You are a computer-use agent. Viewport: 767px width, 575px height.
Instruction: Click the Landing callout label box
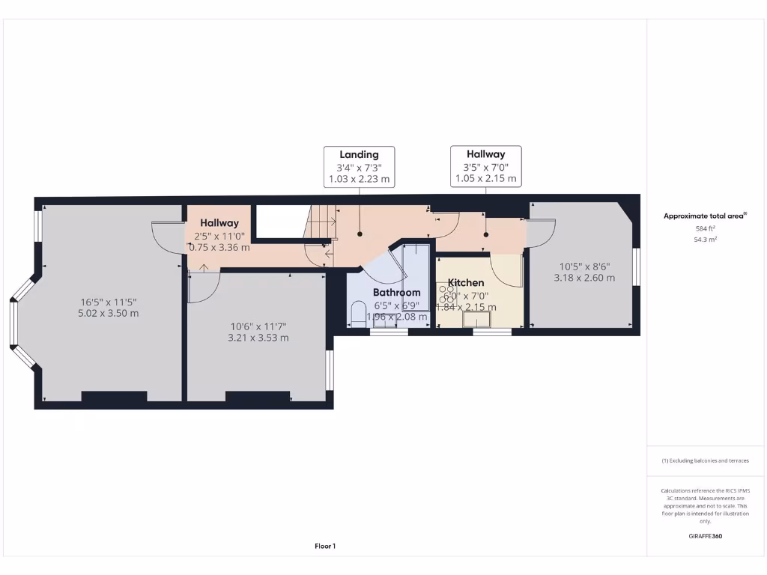[x=359, y=166]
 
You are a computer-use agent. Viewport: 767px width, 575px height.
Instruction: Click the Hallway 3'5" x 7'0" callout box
[x=485, y=166]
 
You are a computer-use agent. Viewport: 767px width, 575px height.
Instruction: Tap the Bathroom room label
[x=396, y=292]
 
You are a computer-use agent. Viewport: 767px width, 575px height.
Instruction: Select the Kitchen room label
[x=466, y=283]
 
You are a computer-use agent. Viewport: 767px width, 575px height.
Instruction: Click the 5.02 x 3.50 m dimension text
[x=109, y=314]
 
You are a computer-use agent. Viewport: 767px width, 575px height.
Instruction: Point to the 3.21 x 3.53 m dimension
[x=258, y=338]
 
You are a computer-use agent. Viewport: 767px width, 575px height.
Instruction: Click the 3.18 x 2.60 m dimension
[x=584, y=278]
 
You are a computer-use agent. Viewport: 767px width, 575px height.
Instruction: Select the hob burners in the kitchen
[x=449, y=296]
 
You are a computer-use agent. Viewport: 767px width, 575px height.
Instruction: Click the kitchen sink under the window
[x=476, y=320]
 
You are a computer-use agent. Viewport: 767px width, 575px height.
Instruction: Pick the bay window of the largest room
[x=16, y=323]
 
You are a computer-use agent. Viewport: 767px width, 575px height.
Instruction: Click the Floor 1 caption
[x=324, y=547]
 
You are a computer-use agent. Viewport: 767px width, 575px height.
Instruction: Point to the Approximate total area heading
[x=704, y=216]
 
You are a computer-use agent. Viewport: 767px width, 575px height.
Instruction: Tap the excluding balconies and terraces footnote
[x=704, y=461]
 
